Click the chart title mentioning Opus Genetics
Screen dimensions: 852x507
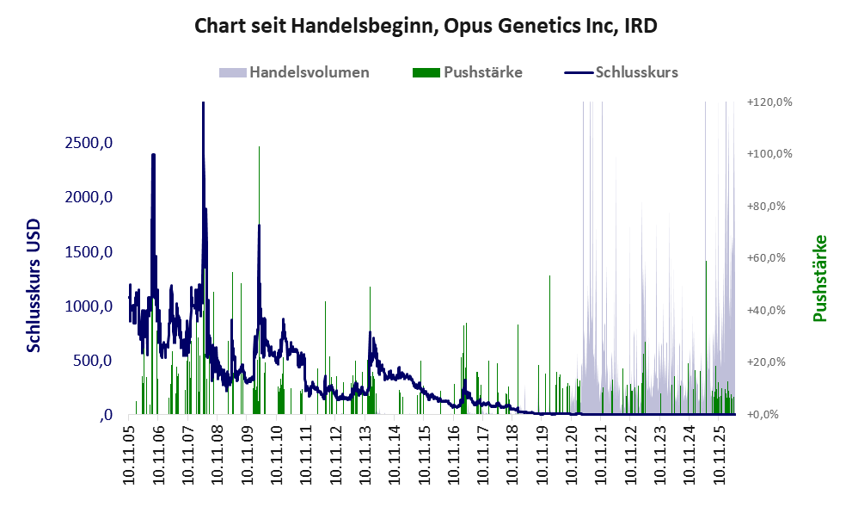pos(426,26)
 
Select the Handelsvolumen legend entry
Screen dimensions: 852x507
pos(294,72)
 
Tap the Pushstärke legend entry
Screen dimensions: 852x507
pos(468,72)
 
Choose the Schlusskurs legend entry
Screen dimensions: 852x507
pos(621,72)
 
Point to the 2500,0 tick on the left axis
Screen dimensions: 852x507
pos(89,143)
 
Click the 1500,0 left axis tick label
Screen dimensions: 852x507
pos(89,252)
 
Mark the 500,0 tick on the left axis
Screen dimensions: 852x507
pos(93,361)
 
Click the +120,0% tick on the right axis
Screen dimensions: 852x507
pos(769,102)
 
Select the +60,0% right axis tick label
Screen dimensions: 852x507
pos(766,258)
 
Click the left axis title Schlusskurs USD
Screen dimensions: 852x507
pos(34,286)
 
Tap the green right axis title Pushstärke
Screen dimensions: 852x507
pos(820,278)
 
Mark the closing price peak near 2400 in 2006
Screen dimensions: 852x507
pos(153,155)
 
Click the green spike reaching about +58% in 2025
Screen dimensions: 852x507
pos(707,263)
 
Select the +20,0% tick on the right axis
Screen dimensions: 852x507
pos(766,362)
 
